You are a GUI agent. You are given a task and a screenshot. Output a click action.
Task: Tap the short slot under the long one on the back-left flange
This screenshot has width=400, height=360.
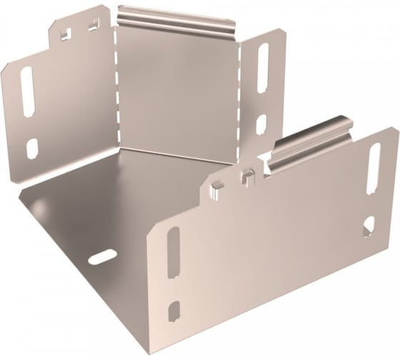31,148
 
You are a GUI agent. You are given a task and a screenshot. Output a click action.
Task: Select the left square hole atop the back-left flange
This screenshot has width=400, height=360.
65,33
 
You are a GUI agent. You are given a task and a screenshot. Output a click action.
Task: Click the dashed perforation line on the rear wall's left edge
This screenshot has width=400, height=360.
116,86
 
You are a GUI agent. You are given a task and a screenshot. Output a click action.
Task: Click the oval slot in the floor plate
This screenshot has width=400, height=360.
103,257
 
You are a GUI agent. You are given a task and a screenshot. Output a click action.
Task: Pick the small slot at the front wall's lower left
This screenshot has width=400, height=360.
174,311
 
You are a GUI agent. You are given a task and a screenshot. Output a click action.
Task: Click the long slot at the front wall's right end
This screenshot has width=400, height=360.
374,168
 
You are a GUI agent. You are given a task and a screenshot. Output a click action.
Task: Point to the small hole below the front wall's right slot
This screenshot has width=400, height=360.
368,226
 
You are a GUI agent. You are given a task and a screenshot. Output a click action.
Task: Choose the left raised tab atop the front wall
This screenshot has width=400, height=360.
217,188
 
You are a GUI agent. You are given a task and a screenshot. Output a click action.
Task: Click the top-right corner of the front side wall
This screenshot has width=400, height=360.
397,129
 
